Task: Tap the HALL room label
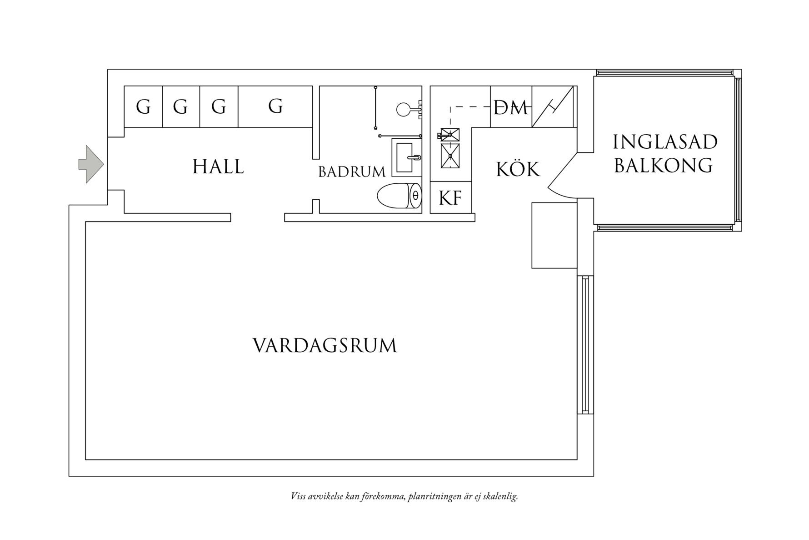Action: coord(218,167)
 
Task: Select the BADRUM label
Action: coord(352,172)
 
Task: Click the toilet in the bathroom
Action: coord(399,196)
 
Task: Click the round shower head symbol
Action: coord(403,109)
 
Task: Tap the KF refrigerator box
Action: coord(450,198)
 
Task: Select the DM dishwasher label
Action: coord(511,108)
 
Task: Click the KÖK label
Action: coord(518,170)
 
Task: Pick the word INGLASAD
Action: coord(665,142)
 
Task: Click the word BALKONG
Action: coord(664,166)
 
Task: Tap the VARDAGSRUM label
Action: coord(325,346)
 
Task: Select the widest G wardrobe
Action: coord(275,106)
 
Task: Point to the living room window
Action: coord(584,344)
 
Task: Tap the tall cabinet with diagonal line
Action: coord(552,107)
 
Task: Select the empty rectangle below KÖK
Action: coord(554,235)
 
